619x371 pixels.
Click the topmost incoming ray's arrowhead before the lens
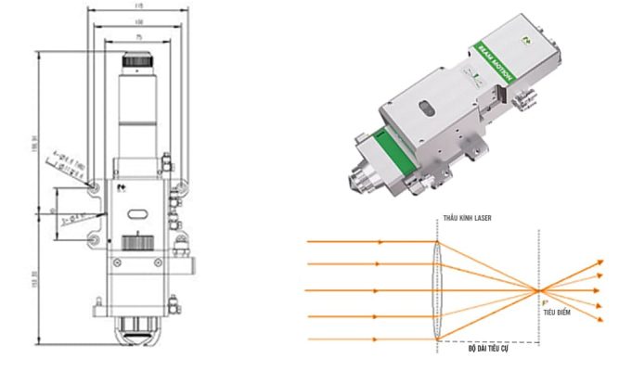[380, 244]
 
